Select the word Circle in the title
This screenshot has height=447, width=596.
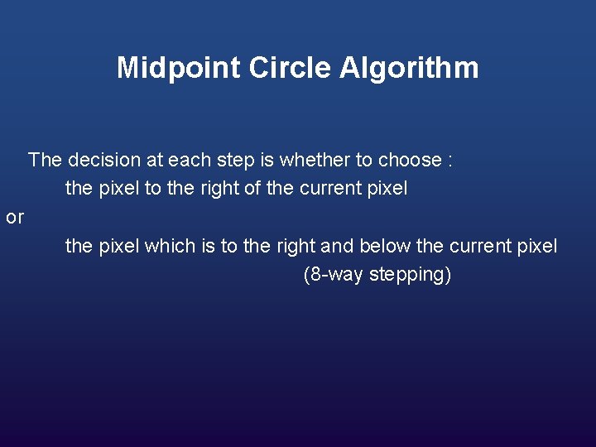281,68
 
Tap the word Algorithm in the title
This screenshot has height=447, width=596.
409,68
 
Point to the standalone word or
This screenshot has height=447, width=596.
15,218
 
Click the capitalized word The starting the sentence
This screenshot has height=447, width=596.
45,160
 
